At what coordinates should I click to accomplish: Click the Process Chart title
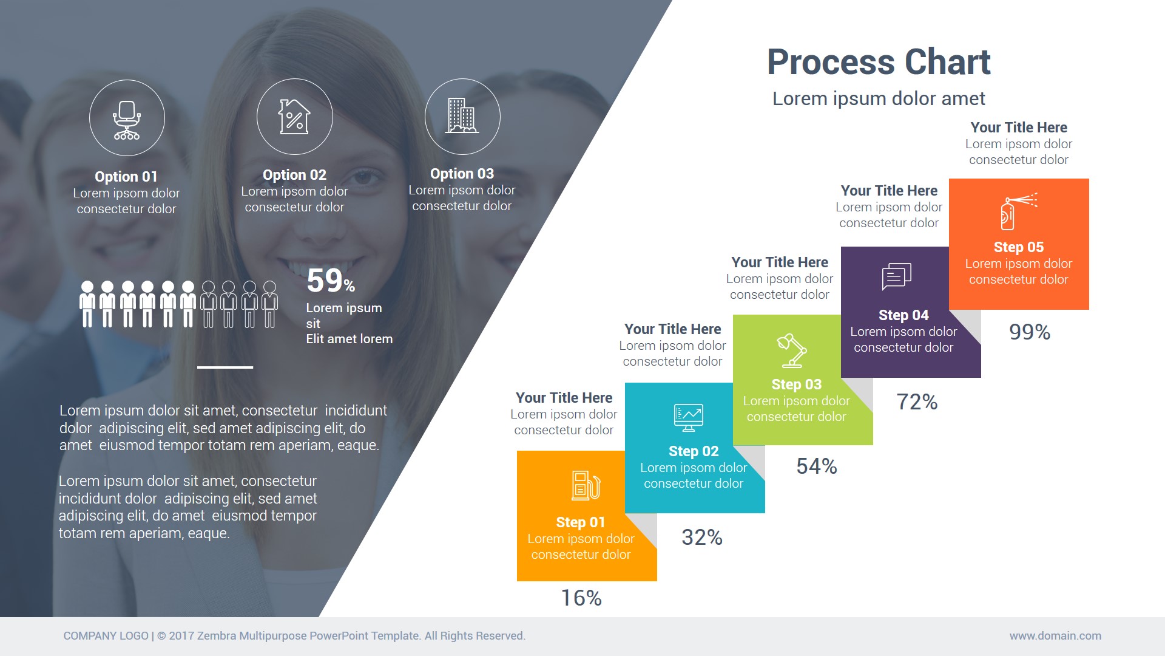(x=879, y=62)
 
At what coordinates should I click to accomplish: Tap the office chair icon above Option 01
(x=127, y=119)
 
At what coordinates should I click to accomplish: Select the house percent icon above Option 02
(x=294, y=116)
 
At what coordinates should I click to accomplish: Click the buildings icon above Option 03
(x=462, y=115)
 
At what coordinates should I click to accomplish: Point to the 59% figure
(x=330, y=281)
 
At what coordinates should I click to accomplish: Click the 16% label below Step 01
(x=581, y=598)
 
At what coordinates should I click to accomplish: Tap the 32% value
(x=702, y=538)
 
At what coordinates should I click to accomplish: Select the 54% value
(x=817, y=466)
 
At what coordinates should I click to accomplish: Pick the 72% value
(x=917, y=402)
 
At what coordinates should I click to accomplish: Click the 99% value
(x=1030, y=332)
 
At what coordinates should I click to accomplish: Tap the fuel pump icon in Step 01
(x=586, y=485)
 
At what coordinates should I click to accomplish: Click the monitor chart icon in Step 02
(x=689, y=417)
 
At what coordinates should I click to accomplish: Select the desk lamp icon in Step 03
(x=792, y=350)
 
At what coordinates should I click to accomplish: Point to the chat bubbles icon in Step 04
(x=896, y=276)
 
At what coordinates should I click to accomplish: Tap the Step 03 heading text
(x=796, y=384)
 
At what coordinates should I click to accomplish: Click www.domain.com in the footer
(x=1055, y=636)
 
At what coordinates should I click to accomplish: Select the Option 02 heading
(x=294, y=175)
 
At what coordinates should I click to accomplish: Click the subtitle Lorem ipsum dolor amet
(x=879, y=98)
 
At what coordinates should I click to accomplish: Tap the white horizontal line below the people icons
(x=225, y=367)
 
